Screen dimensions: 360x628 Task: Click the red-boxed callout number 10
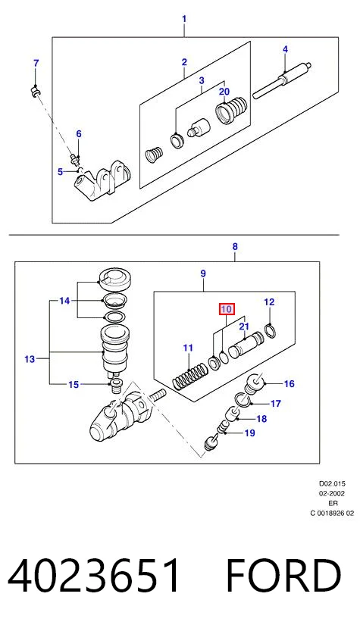226,309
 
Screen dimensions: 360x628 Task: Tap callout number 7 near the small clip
36,63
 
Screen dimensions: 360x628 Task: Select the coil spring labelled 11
190,376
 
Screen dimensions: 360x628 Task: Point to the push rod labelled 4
282,81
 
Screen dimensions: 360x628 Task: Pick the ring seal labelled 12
271,331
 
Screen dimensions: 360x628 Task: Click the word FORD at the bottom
283,576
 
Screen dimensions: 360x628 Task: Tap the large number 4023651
93,576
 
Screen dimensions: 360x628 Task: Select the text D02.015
332,483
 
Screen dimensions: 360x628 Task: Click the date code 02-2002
333,493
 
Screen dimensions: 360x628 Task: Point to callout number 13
30,359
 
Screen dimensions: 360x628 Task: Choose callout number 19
249,433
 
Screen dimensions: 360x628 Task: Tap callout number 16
289,383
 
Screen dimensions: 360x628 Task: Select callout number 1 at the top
184,19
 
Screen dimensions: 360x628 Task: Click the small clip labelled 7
36,92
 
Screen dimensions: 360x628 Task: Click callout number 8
235,247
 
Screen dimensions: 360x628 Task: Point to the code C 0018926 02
332,513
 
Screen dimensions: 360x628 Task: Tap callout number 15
74,385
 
